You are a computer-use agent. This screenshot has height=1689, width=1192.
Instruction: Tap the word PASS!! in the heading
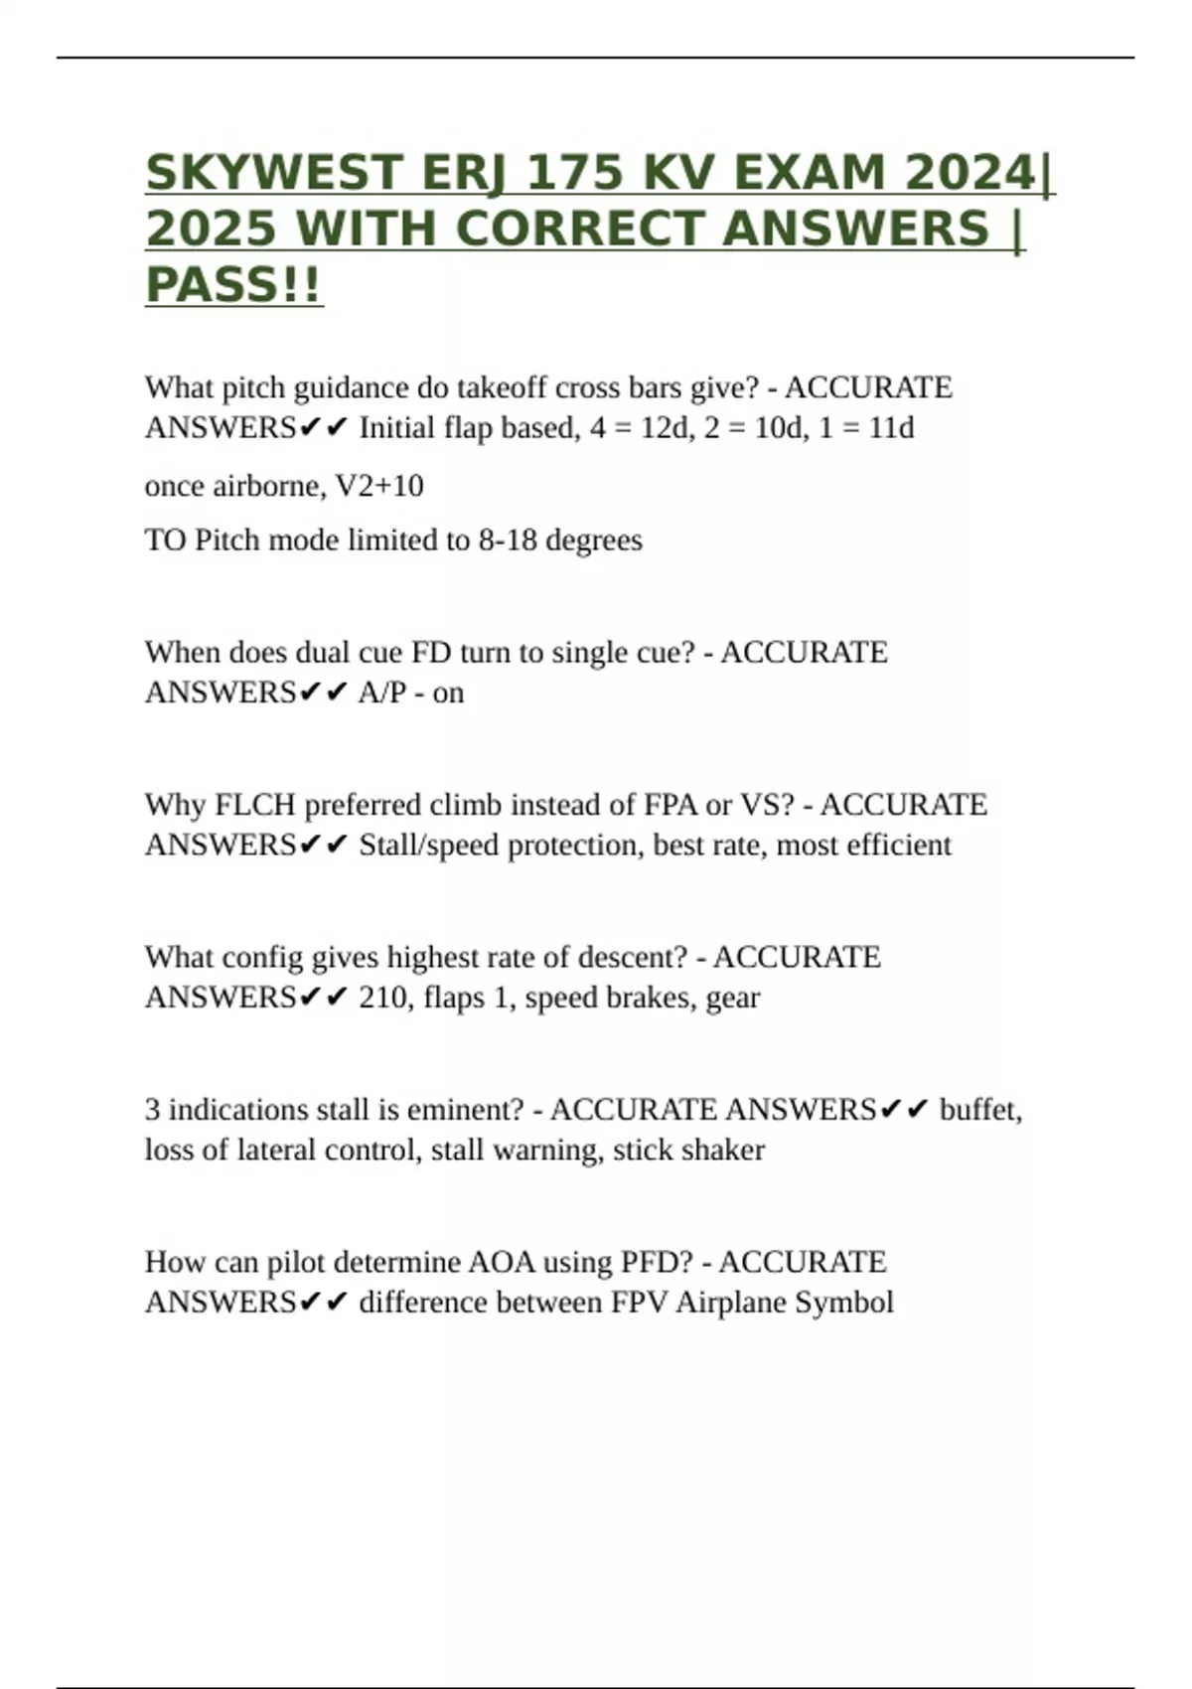pos(234,285)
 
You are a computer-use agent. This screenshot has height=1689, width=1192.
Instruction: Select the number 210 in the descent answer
pos(381,998)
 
